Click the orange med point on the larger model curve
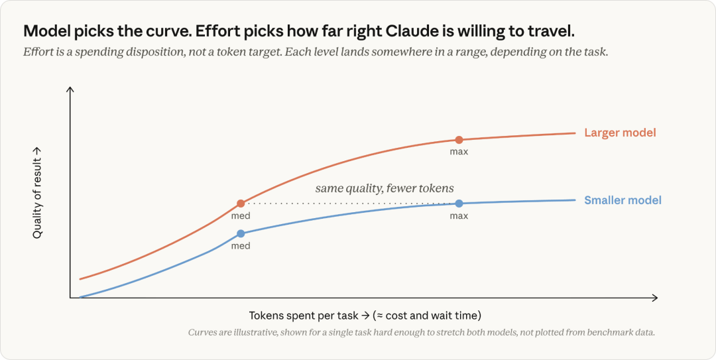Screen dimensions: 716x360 pyautogui.click(x=241, y=204)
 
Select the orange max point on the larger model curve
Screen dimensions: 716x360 pyautogui.click(x=459, y=140)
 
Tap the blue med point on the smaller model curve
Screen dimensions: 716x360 pyautogui.click(x=241, y=234)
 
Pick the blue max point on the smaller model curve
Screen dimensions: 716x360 pyautogui.click(x=459, y=204)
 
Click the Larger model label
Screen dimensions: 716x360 pyautogui.click(x=620, y=133)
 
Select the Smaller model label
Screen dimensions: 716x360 pyautogui.click(x=623, y=200)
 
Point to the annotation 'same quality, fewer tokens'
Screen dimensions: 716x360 pyautogui.click(x=385, y=188)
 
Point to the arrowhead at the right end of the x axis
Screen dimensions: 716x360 pyautogui.click(x=655, y=298)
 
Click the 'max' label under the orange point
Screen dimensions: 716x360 pyautogui.click(x=459, y=152)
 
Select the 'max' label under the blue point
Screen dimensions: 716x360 pyautogui.click(x=459, y=215)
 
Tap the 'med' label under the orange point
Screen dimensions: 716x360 pyautogui.click(x=241, y=215)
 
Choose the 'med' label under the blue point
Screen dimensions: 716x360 pyautogui.click(x=241, y=246)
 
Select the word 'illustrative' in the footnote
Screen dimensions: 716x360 pyautogui.click(x=241, y=332)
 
